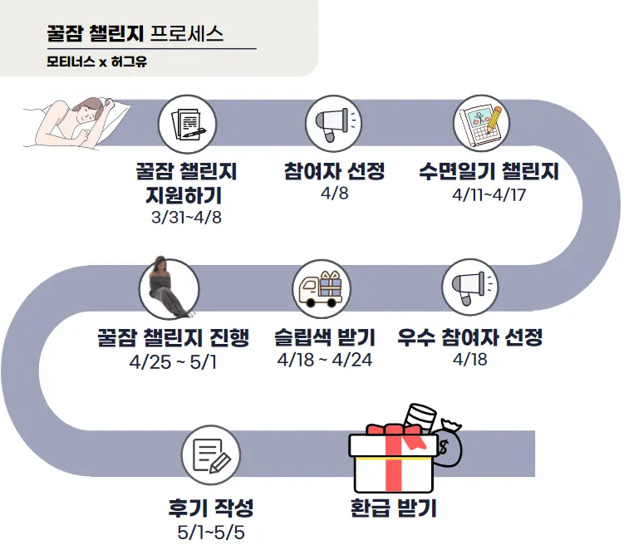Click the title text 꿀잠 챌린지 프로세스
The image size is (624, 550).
tap(135, 35)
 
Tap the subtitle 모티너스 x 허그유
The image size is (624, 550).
tap(96, 62)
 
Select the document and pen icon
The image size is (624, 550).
tap(187, 124)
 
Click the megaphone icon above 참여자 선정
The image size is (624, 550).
tap(334, 124)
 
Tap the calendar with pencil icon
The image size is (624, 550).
tap(481, 124)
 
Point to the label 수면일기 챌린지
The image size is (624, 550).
tap(489, 173)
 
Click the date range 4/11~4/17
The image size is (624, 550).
tap(489, 196)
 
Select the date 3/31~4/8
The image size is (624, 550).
tap(186, 218)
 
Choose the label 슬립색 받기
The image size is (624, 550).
tap(325, 338)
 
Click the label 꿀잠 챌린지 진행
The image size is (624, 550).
tap(172, 338)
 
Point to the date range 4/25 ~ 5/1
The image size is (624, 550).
tap(173, 362)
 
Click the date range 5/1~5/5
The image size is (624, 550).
tap(211, 532)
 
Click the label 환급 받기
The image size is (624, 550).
tap(394, 508)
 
